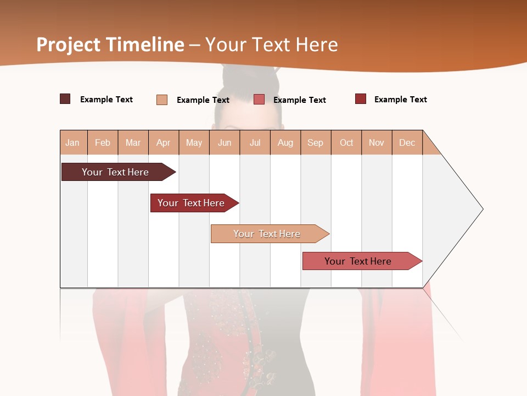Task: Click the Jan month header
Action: [x=72, y=143]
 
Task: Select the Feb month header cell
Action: [x=103, y=143]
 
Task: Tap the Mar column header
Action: [x=133, y=143]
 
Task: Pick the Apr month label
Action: [x=163, y=143]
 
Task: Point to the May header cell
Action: [x=194, y=143]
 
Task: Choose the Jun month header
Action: [x=225, y=143]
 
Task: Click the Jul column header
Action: [x=255, y=143]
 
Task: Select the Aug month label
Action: [x=285, y=143]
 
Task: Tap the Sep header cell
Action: [x=316, y=143]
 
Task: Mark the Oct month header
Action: [x=346, y=143]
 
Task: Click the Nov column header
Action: [x=377, y=143]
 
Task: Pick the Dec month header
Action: [x=407, y=143]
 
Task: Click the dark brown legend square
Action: [x=65, y=99]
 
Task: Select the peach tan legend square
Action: [x=162, y=100]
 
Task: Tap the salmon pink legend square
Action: [x=259, y=100]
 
